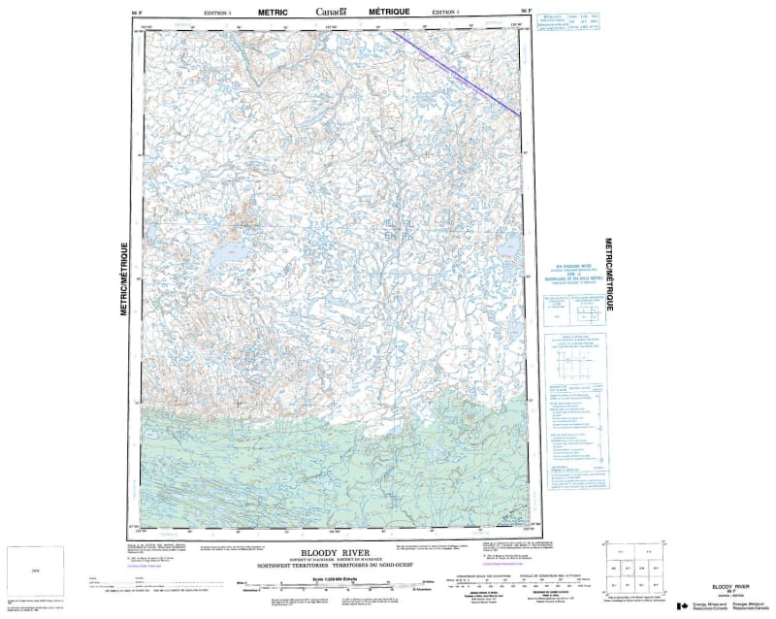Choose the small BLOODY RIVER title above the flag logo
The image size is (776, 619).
pos(730,588)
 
